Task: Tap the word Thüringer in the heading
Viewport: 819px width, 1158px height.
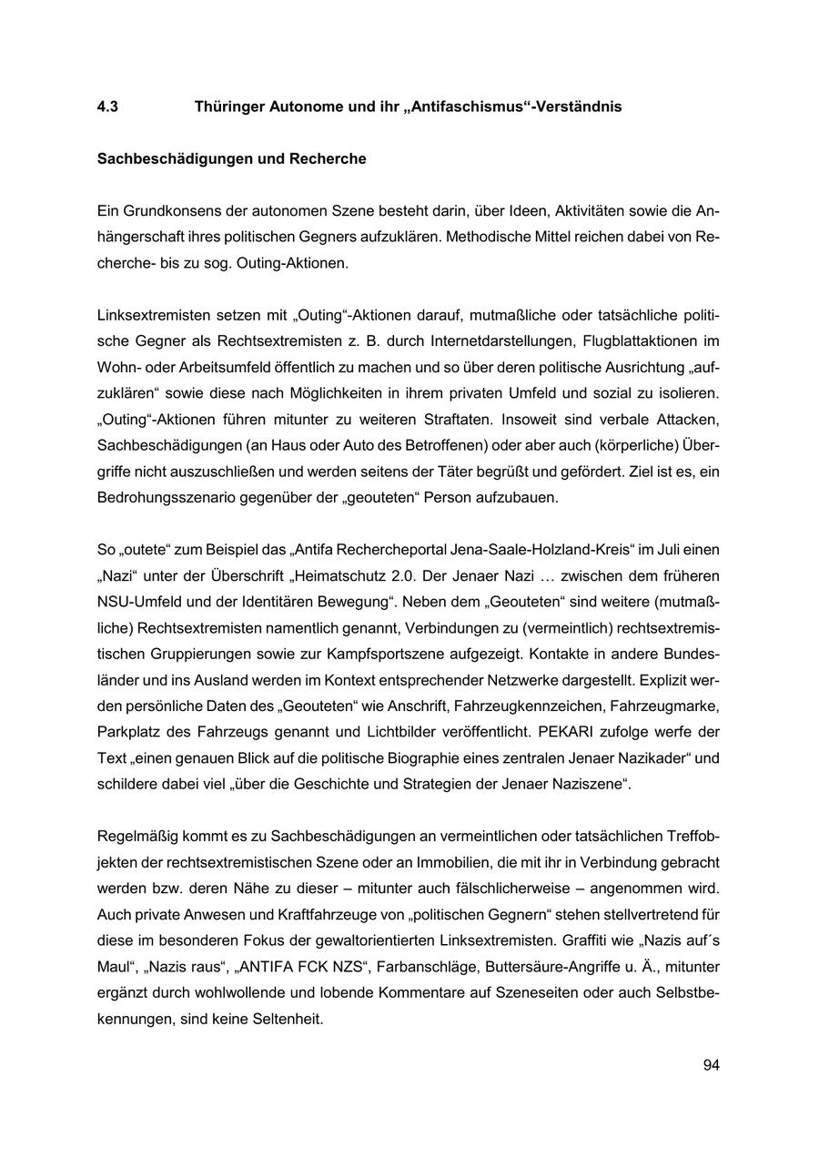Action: (227, 107)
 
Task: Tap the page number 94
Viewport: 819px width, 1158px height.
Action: (711, 1065)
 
